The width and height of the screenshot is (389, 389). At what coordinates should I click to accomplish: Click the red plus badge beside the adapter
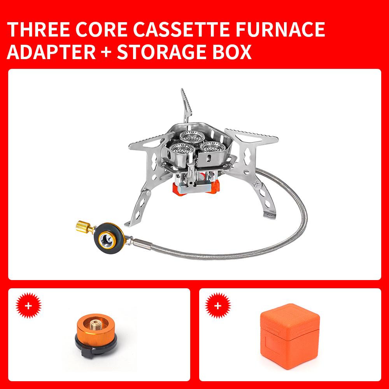[x=28, y=306]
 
